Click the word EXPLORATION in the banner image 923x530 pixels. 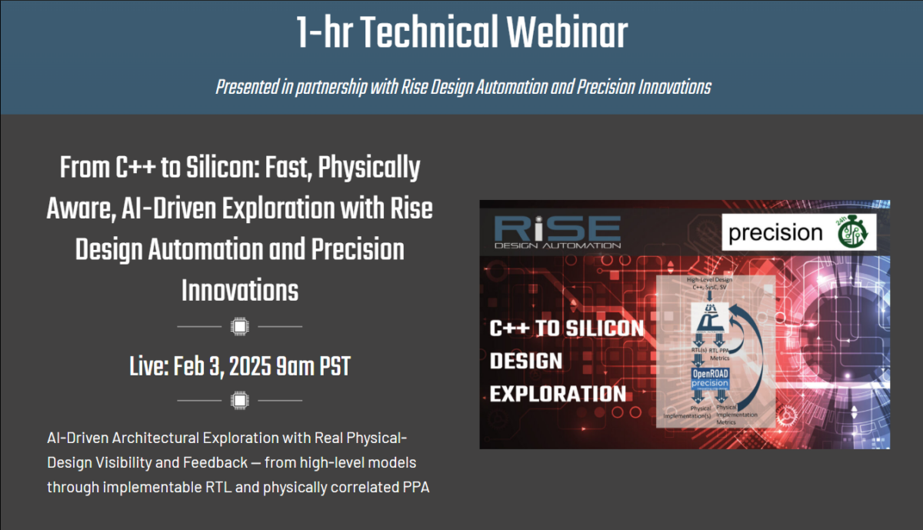[x=558, y=394]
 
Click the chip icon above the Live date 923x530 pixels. [x=239, y=326]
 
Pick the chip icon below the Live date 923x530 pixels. [x=239, y=400]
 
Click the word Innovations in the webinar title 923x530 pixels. [x=239, y=291]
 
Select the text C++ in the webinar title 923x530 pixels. [x=131, y=167]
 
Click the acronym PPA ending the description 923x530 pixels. [x=415, y=488]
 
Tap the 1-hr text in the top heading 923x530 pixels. [x=325, y=33]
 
